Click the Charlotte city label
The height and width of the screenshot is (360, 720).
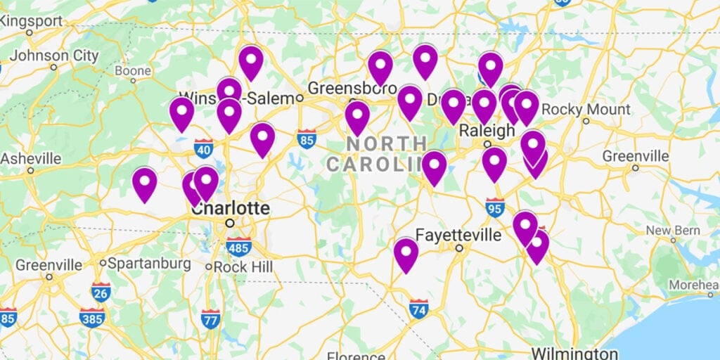coord(230,208)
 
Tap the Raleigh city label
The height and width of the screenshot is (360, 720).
coord(487,131)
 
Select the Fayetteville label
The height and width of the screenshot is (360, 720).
coord(458,234)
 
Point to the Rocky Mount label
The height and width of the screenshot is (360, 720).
coord(586,110)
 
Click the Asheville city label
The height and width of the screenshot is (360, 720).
coord(31,159)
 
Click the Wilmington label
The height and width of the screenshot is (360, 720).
coord(574,352)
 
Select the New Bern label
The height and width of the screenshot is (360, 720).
coord(673,231)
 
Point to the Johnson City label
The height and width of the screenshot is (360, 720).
coord(53,56)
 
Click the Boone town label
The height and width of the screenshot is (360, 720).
coord(133,71)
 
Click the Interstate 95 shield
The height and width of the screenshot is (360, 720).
coord(495,207)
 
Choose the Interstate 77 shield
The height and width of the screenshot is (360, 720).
coord(210,318)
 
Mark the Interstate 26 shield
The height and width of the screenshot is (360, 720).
coord(101,292)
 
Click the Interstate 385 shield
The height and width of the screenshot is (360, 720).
coord(91,317)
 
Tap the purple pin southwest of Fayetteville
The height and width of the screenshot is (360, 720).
coord(406,254)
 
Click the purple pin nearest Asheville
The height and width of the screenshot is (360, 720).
coord(145,184)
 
